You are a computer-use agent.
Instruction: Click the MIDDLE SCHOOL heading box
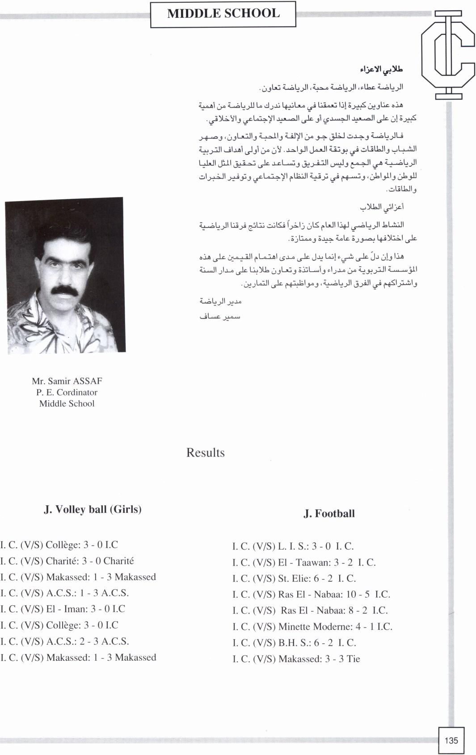(223, 14)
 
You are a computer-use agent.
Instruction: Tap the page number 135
(451, 740)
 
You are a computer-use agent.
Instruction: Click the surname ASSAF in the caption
(87, 381)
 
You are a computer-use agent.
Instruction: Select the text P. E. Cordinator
(67, 392)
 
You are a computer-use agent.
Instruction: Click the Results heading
(205, 453)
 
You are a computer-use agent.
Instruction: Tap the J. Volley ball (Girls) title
(93, 509)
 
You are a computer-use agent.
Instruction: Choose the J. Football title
(329, 513)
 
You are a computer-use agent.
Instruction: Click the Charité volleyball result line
(67, 561)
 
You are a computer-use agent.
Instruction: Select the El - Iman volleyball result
(63, 609)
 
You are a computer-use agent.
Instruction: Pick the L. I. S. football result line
(293, 546)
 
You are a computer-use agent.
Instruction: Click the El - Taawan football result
(304, 562)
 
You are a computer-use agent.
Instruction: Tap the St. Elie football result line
(294, 579)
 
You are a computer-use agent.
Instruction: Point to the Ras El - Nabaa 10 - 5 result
(311, 595)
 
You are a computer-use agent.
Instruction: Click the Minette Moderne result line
(312, 627)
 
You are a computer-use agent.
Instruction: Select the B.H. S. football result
(294, 643)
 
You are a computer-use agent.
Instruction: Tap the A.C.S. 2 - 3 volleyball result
(64, 642)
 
